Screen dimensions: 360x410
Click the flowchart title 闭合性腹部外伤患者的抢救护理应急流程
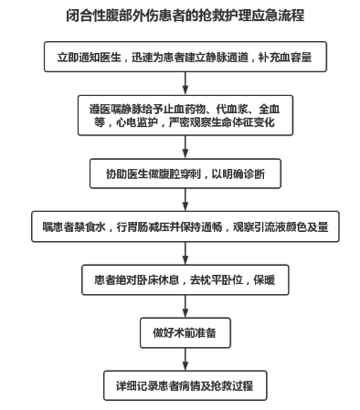(x=185, y=16)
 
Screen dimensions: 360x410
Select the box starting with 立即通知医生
(x=185, y=57)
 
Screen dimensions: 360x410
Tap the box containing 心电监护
(x=185, y=115)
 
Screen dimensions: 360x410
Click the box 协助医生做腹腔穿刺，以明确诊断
(x=185, y=173)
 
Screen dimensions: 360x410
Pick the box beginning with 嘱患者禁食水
(x=185, y=226)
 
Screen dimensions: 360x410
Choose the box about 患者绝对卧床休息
(x=185, y=279)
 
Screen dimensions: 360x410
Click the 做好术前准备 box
(x=185, y=332)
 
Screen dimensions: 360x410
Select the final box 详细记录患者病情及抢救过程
(x=185, y=385)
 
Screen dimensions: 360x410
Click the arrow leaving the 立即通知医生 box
(x=185, y=83)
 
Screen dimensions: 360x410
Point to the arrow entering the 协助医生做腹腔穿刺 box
(x=185, y=147)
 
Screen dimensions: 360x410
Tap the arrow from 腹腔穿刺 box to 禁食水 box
(x=185, y=200)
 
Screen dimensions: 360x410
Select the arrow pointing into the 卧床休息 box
(x=185, y=253)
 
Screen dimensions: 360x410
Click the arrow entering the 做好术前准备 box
(x=185, y=306)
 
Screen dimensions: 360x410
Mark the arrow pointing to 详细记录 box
(x=185, y=359)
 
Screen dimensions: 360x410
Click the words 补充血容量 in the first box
(x=285, y=58)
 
